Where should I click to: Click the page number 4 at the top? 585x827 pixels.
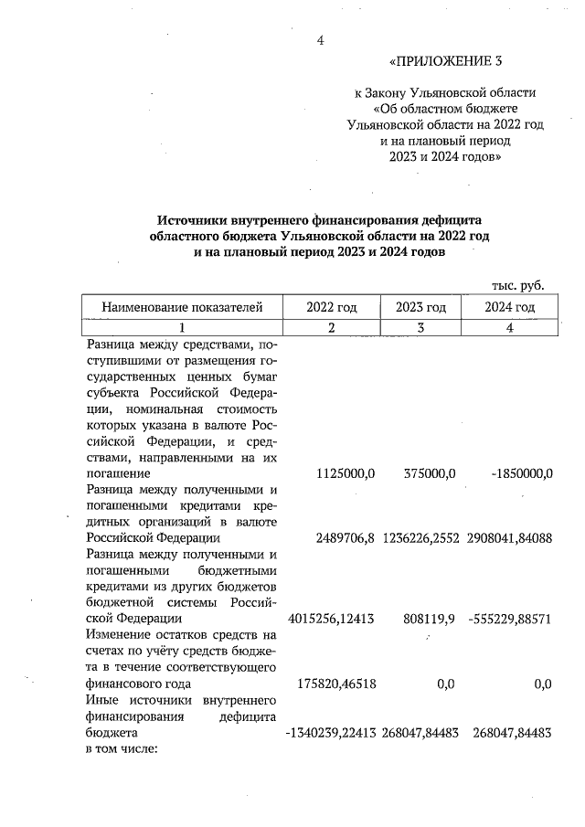coord(320,39)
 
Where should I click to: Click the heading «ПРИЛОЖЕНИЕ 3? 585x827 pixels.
coord(446,62)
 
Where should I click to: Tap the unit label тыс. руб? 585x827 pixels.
coord(517,285)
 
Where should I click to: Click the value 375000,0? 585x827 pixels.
coord(429,473)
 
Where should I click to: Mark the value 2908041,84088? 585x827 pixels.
coord(509,538)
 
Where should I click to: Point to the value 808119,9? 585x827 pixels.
coord(429,619)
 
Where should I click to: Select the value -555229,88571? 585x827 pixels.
coord(509,619)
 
